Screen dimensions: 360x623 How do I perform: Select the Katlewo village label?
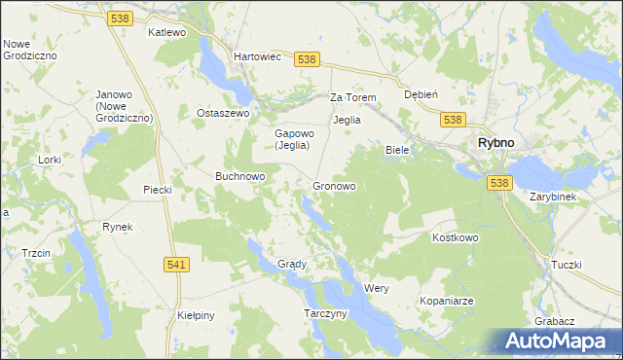point(166,32)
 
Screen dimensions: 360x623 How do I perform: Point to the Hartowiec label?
point(257,57)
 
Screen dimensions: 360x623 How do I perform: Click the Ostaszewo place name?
point(224,113)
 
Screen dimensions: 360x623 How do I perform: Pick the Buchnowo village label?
point(240,176)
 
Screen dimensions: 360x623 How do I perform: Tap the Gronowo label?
point(334,186)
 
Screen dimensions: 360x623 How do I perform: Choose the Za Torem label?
point(352,97)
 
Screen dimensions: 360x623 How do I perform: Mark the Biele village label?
point(397,150)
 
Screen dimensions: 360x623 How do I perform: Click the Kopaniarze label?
point(446,302)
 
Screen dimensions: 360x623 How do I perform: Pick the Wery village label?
point(377,289)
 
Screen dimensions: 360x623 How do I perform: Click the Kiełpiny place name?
point(196,315)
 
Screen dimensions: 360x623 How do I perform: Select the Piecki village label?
point(157,190)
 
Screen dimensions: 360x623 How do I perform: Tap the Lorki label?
point(49,159)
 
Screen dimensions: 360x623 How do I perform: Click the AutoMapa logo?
point(556,340)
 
